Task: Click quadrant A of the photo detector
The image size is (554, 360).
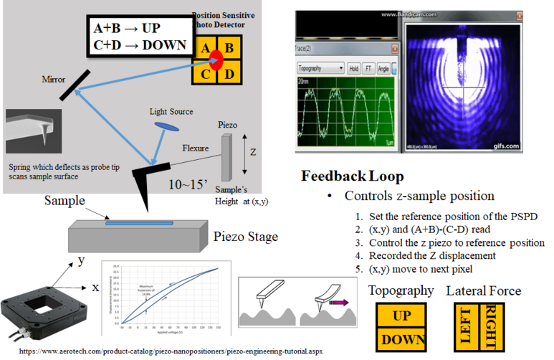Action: (204, 48)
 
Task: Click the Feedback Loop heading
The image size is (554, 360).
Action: (352, 176)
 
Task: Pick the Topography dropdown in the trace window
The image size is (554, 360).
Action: (320, 69)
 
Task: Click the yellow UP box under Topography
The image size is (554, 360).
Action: (401, 316)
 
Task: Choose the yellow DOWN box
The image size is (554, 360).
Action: (401, 338)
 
